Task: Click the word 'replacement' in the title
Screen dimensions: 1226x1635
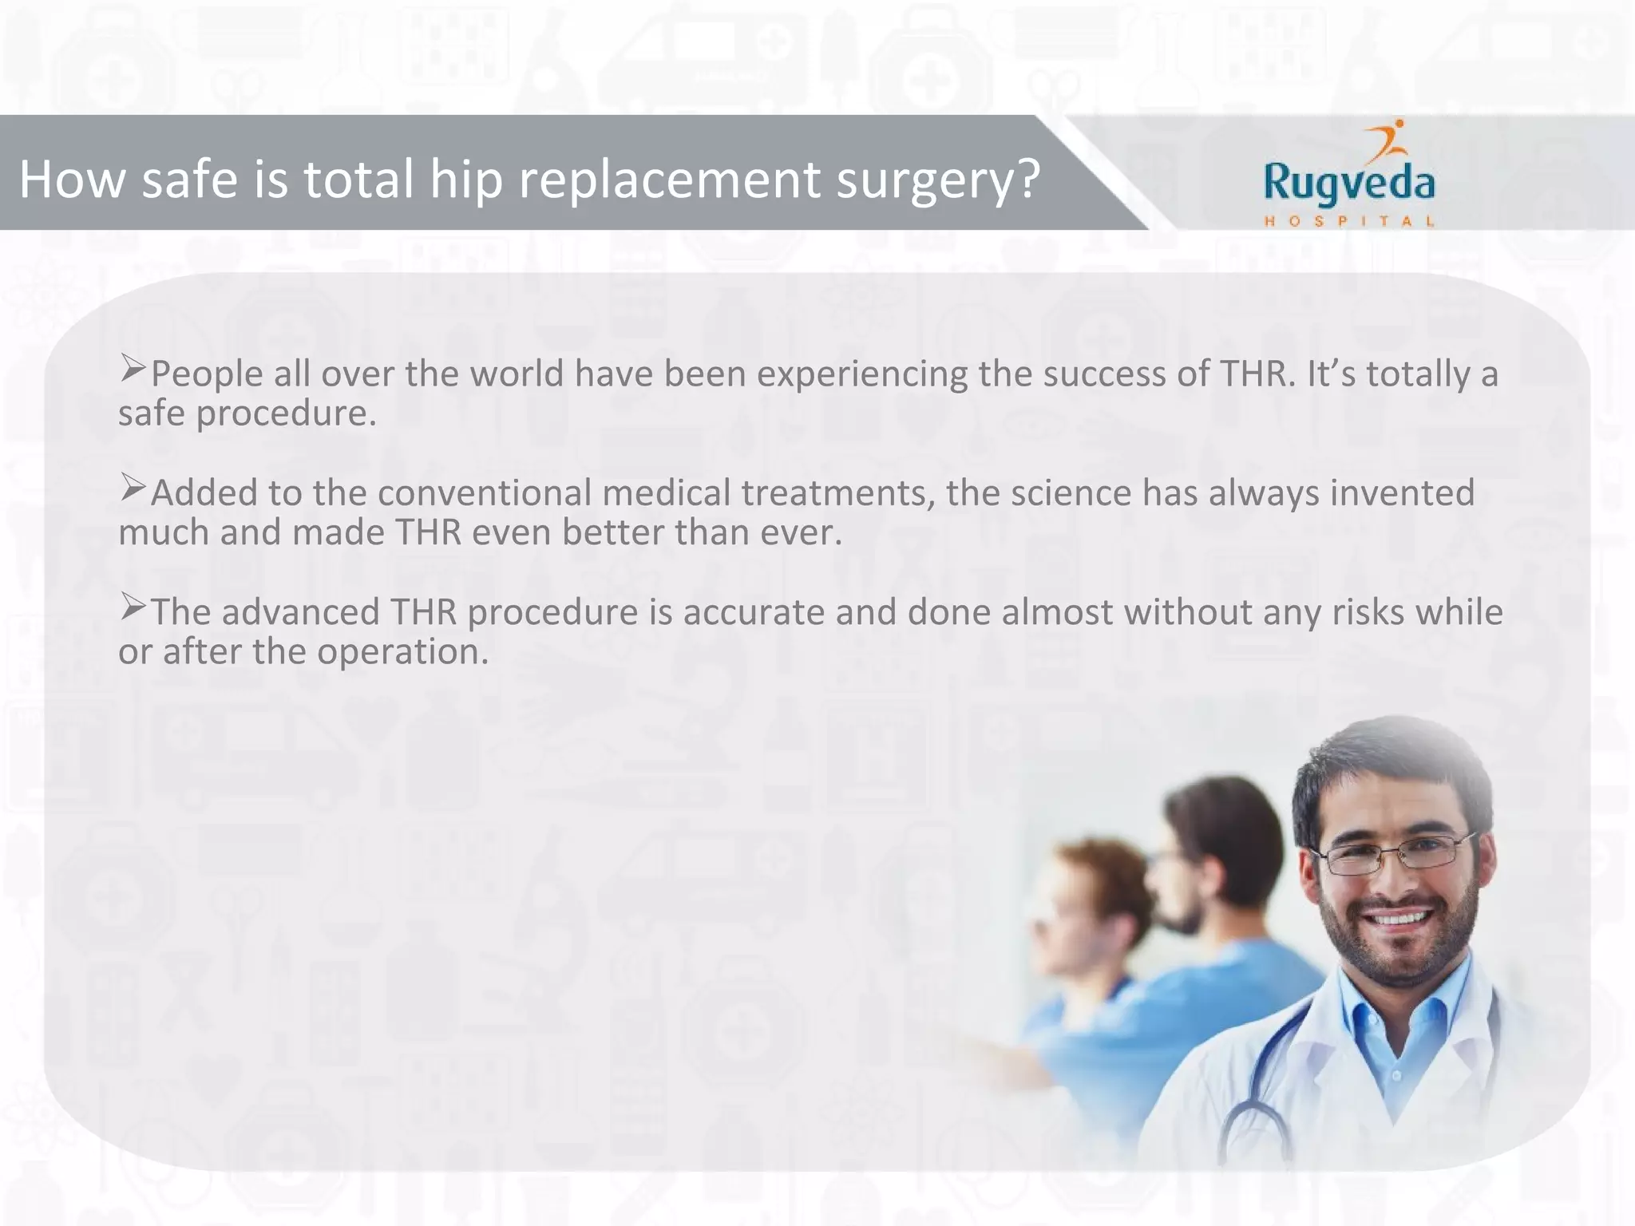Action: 670,180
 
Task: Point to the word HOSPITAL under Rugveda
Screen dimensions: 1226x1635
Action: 1348,221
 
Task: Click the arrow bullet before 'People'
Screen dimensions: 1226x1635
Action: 133,368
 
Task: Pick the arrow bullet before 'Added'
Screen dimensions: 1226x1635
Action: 133,487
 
